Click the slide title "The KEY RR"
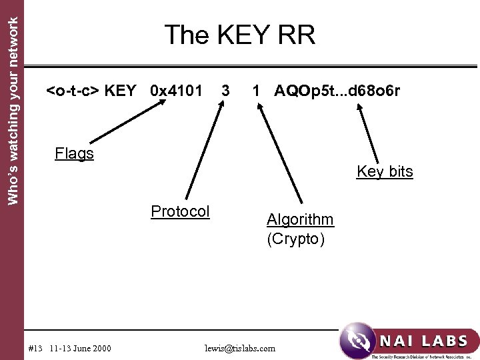[239, 35]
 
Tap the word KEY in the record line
[121, 90]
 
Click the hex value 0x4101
[176, 90]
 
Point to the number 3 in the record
[226, 90]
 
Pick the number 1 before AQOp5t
[255, 90]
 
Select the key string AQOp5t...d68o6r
[337, 90]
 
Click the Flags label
[74, 154]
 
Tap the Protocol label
[180, 211]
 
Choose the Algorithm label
[300, 219]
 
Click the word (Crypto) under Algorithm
[296, 239]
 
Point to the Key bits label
[385, 171]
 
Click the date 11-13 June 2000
[81, 348]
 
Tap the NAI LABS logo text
[423, 341]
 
